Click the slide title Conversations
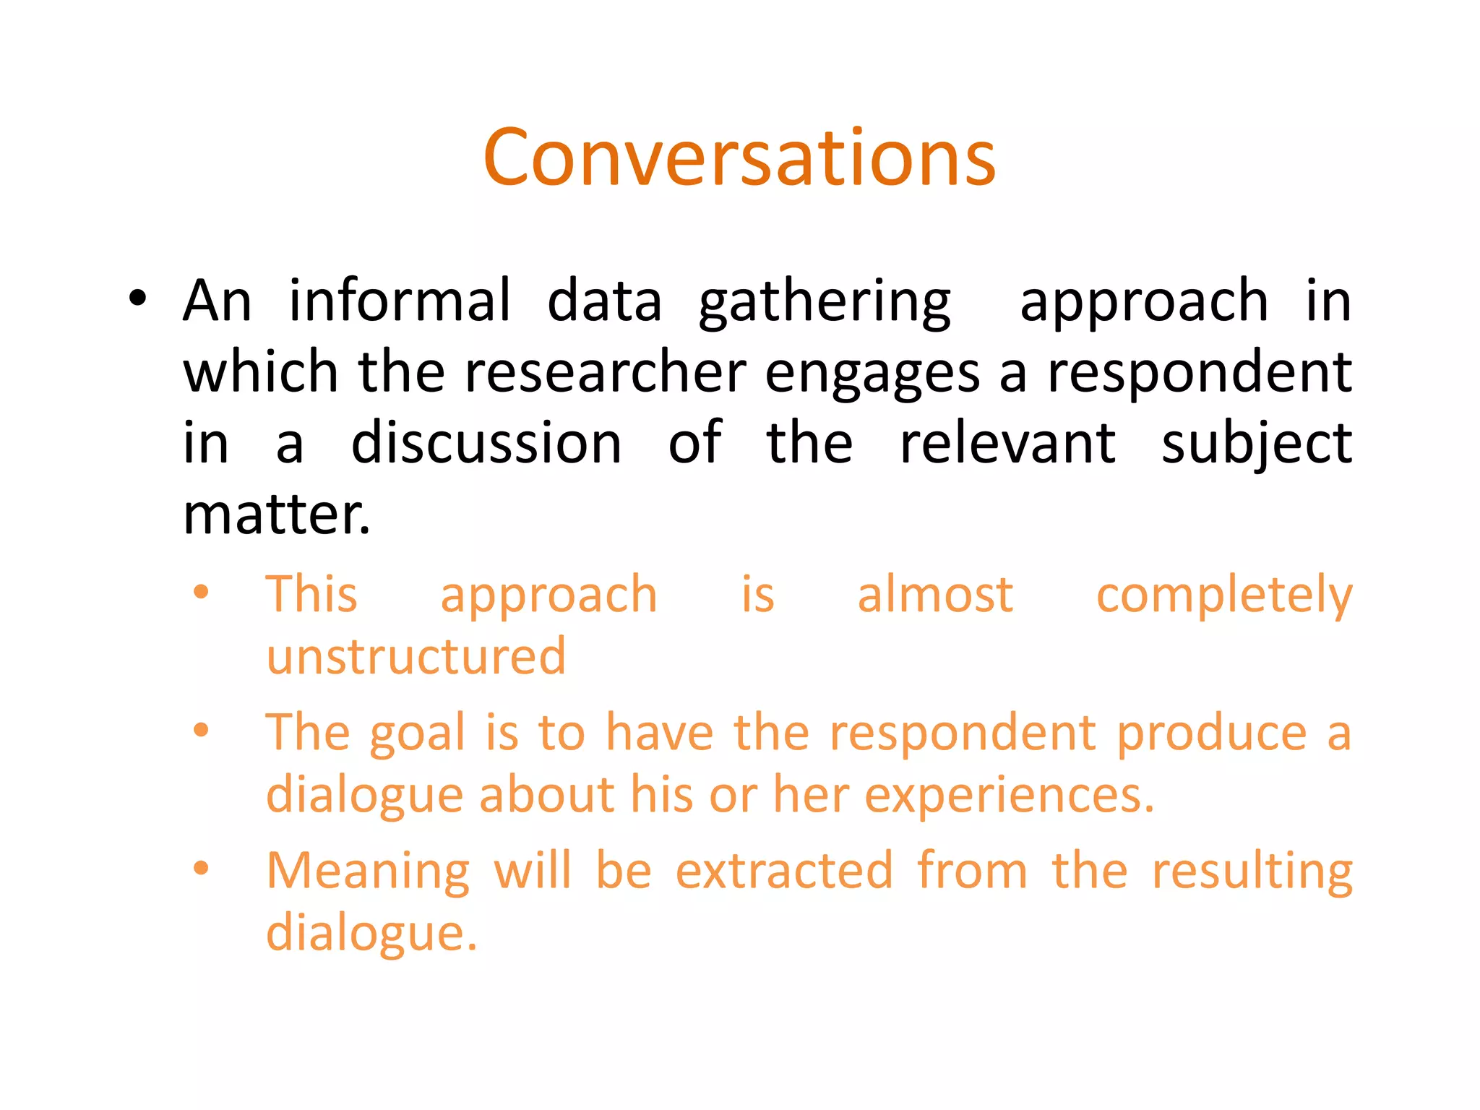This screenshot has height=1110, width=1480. coord(739,158)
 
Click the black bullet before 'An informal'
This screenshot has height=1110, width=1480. coord(137,298)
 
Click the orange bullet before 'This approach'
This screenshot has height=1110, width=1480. coord(201,593)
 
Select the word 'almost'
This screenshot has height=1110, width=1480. coord(935,595)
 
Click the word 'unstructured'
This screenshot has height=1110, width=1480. coord(416,656)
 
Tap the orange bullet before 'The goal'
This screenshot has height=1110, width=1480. coord(201,730)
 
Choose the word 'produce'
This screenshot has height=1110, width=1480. coord(1212,734)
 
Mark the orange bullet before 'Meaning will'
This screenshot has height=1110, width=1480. coord(201,868)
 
